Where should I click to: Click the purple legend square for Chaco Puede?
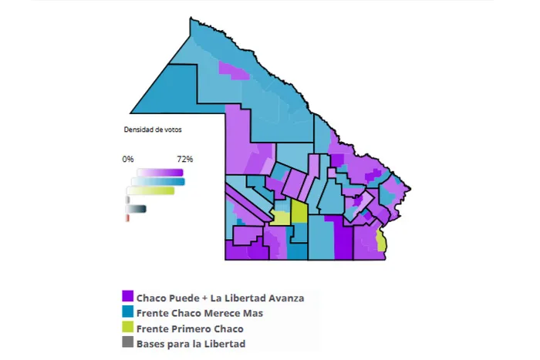pyautogui.click(x=127, y=297)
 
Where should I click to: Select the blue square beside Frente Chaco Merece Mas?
pyautogui.click(x=127, y=313)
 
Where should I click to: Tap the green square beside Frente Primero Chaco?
pyautogui.click(x=127, y=328)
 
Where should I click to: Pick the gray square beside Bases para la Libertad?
pyautogui.click(x=127, y=344)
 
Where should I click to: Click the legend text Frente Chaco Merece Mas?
pyautogui.click(x=200, y=313)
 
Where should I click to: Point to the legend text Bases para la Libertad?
pyautogui.click(x=191, y=344)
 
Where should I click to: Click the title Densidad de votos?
pyautogui.click(x=153, y=129)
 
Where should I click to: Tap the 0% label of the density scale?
pyautogui.click(x=128, y=159)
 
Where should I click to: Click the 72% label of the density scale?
pyautogui.click(x=184, y=159)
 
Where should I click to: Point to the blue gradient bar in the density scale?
pyautogui.click(x=158, y=182)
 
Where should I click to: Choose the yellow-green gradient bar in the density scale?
pyautogui.click(x=151, y=190)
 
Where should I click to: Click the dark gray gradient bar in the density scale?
pyautogui.click(x=136, y=209)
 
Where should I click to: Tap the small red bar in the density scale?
pyautogui.click(x=127, y=218)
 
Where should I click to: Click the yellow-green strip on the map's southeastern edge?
pyautogui.click(x=380, y=241)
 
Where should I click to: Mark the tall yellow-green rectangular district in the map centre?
pyautogui.click(x=299, y=210)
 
